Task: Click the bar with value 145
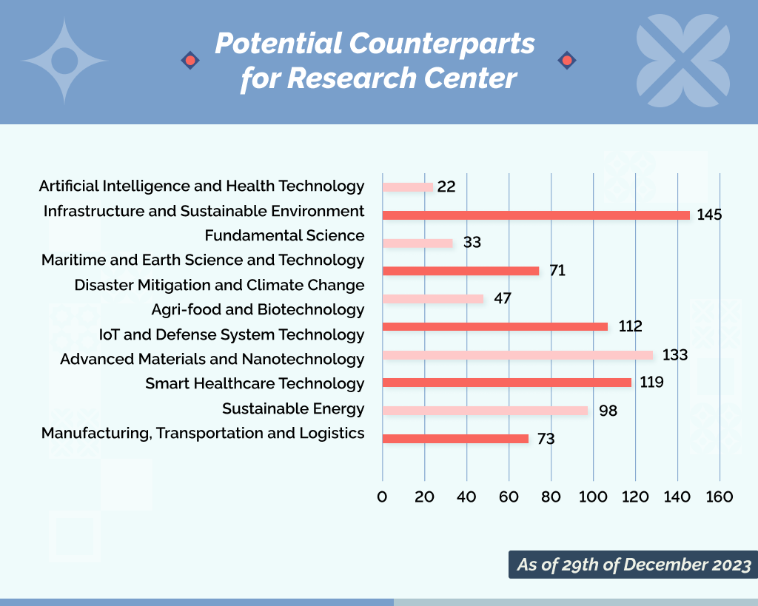click(535, 215)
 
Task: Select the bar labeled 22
click(407, 187)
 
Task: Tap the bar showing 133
click(517, 355)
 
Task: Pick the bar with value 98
click(485, 411)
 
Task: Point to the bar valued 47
click(432, 299)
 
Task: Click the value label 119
click(651, 383)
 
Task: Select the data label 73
click(546, 439)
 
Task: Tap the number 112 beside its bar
click(630, 326)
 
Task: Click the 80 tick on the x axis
click(551, 496)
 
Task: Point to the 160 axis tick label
click(719, 496)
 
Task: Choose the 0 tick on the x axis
click(382, 496)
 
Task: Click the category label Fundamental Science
click(284, 235)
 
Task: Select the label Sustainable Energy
click(293, 408)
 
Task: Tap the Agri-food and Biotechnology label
click(258, 309)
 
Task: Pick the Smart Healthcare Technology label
click(255, 383)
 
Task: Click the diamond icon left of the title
click(190, 60)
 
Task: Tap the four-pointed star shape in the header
click(64, 61)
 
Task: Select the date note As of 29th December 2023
click(633, 565)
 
